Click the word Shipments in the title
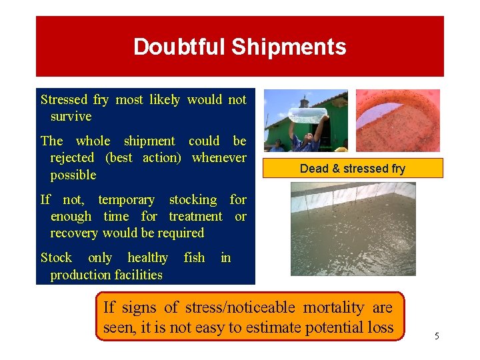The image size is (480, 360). click(289, 47)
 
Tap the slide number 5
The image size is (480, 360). click(437, 336)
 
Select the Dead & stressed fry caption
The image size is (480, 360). click(352, 169)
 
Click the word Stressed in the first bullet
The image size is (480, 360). click(64, 99)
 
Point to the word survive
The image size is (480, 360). click(71, 116)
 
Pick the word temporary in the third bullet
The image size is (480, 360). click(126, 199)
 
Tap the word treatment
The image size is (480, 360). click(195, 216)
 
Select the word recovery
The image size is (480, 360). click(73, 233)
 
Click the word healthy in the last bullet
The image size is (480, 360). click(147, 257)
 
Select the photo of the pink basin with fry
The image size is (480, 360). click(397, 120)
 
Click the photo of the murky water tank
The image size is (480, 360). click(353, 229)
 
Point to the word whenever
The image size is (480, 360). click(219, 158)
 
